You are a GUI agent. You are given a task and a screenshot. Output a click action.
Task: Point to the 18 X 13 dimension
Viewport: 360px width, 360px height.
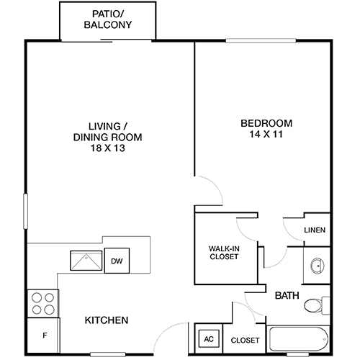click(x=107, y=148)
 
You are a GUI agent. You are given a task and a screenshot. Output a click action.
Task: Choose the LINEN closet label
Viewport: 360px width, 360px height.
click(x=315, y=230)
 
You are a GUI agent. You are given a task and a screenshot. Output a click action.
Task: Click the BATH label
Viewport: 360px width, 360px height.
click(x=287, y=295)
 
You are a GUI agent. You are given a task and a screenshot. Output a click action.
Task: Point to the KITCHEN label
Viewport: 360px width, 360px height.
click(x=107, y=320)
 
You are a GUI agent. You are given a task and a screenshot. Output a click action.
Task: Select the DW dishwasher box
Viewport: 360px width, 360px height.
click(x=115, y=261)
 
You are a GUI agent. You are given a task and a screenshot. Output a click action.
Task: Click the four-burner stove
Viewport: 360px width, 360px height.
click(x=43, y=302)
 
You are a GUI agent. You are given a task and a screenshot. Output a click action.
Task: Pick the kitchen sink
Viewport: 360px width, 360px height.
click(x=86, y=259)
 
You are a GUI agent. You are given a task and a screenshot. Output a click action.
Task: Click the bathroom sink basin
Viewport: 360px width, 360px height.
click(x=316, y=266)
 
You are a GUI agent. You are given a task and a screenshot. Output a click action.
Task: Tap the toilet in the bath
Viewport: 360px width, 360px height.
click(x=315, y=306)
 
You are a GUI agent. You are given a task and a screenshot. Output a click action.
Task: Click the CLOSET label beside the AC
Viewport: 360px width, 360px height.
click(x=244, y=340)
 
